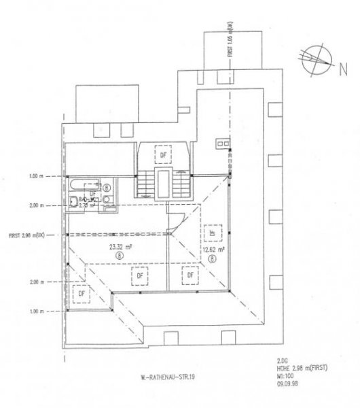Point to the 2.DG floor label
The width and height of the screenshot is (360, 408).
pos(283,362)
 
